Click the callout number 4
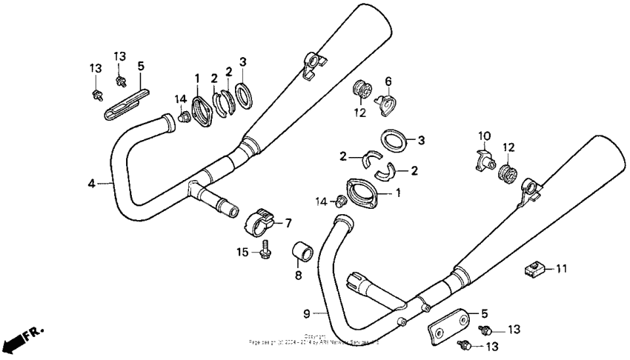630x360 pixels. (x=92, y=182)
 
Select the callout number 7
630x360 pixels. (x=288, y=221)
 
